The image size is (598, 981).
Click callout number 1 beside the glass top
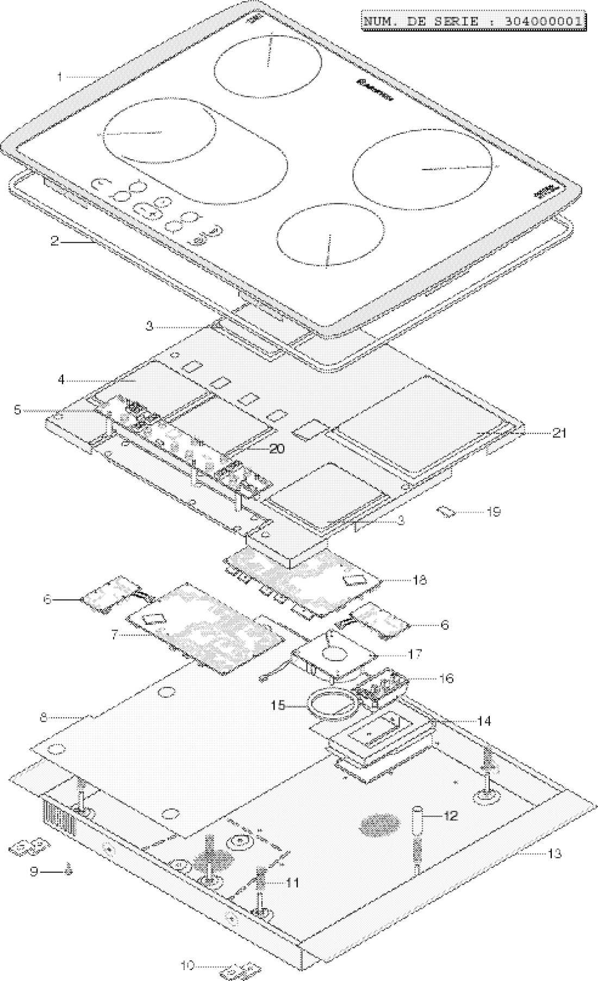pos(60,77)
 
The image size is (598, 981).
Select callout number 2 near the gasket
pos(54,241)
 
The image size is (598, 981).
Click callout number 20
pos(277,449)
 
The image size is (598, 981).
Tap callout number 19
pos(494,512)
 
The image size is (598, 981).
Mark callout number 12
pos(450,815)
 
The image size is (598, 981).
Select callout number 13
pos(555,853)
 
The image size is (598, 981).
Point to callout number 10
pos(188,965)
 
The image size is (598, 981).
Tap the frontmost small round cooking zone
pos(328,237)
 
